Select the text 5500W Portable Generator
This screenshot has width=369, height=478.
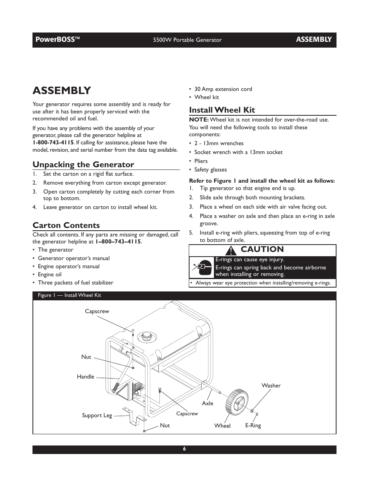point(187,40)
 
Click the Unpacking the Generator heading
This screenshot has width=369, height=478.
point(83,164)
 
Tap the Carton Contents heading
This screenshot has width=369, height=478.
point(66,225)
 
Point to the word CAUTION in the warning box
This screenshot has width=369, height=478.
point(262,250)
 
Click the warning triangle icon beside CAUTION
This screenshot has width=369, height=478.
point(232,250)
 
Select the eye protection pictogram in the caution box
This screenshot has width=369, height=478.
point(202,267)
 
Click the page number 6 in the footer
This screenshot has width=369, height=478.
point(184,449)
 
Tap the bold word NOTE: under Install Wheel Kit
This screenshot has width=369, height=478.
point(198,120)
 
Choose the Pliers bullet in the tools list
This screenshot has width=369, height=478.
point(201,161)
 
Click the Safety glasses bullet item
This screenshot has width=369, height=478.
point(210,170)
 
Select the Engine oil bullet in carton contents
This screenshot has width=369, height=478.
point(50,274)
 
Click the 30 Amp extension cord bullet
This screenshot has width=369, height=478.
point(223,89)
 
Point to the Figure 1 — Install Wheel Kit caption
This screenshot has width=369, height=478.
point(69,295)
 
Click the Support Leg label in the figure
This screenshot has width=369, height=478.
point(97,415)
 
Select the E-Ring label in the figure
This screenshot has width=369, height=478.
point(253,425)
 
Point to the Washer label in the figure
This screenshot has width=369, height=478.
point(271,385)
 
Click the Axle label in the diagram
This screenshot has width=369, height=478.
point(207,403)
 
